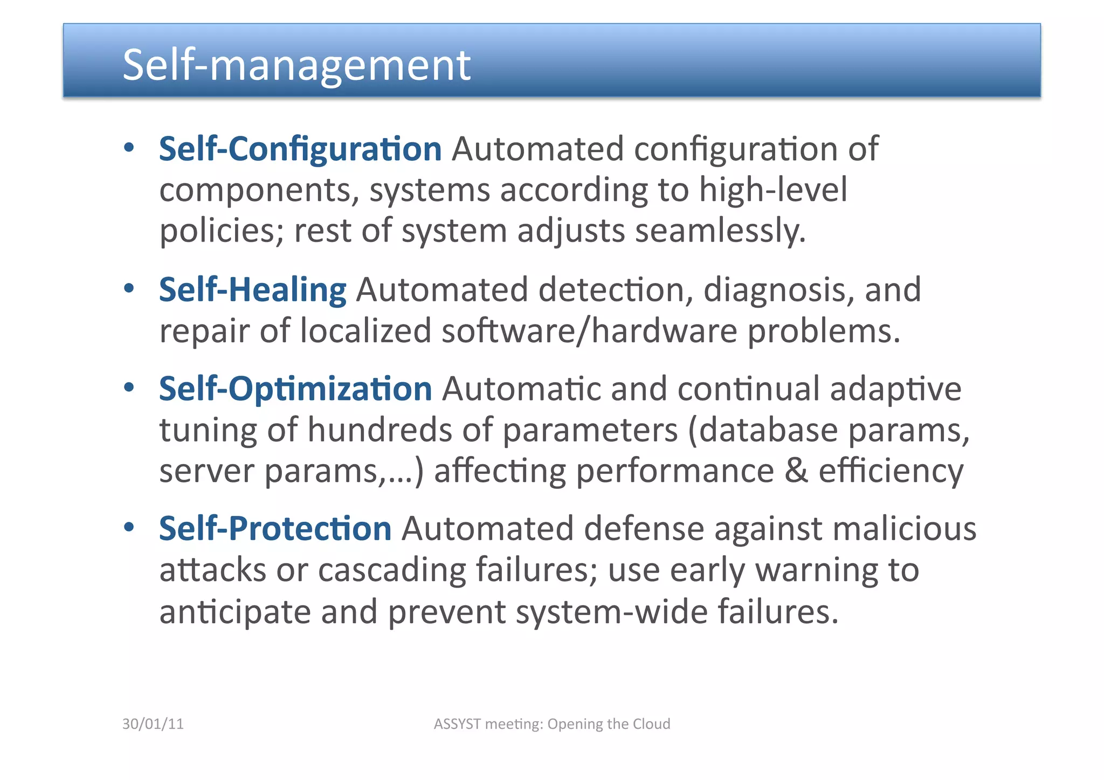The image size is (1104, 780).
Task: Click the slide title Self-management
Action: click(296, 65)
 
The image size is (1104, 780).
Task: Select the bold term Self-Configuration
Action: click(300, 149)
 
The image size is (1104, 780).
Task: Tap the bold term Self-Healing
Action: click(252, 290)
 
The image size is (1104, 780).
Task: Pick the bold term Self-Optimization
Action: click(295, 389)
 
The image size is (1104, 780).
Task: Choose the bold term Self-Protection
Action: click(275, 528)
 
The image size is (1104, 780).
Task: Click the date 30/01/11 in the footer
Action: click(153, 724)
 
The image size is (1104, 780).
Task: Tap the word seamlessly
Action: click(720, 231)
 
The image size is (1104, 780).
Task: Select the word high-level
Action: click(773, 190)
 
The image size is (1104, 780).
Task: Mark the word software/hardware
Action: click(589, 330)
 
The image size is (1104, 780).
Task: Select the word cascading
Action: click(392, 570)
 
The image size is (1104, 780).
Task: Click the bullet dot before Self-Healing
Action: click(128, 288)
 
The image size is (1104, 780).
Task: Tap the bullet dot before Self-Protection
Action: click(128, 527)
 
